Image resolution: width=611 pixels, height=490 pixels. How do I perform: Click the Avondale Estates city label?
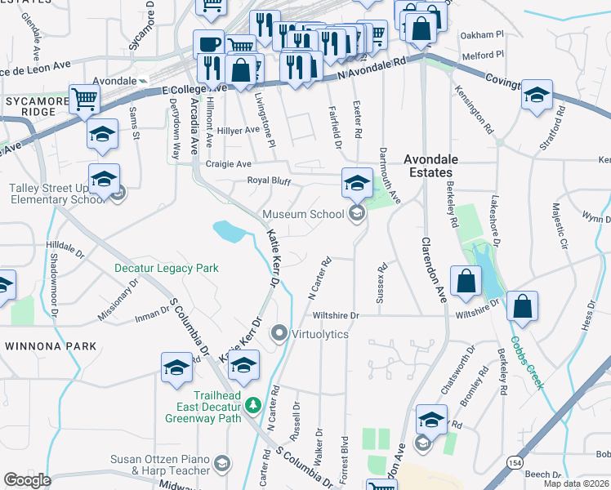click(430, 166)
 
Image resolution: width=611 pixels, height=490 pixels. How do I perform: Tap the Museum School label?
click(303, 215)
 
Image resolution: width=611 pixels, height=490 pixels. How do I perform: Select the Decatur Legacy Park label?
click(167, 268)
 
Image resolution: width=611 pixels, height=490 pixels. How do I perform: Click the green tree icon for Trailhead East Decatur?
click(253, 404)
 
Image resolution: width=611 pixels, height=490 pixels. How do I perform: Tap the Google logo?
click(27, 480)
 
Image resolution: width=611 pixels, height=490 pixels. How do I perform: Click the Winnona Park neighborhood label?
click(51, 346)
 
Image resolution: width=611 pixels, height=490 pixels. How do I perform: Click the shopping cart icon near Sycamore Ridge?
click(84, 100)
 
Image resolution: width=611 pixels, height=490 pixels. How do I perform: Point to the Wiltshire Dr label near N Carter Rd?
click(335, 315)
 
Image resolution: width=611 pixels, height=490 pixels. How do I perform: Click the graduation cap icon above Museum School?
click(357, 183)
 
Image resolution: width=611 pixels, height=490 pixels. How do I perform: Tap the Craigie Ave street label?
click(228, 164)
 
